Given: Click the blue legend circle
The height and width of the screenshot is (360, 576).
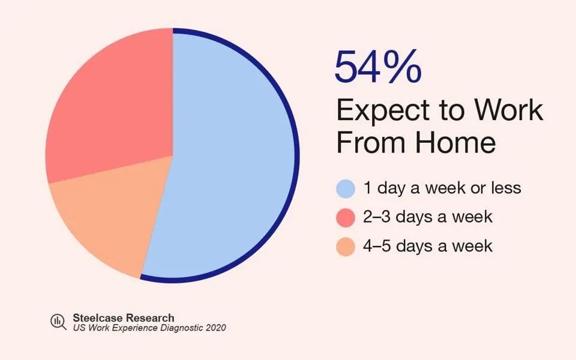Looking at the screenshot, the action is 346,189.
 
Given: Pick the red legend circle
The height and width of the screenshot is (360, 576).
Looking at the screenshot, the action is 346,217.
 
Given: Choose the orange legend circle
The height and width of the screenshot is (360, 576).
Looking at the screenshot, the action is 346,247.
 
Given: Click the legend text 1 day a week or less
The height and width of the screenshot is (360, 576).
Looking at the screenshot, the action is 442,188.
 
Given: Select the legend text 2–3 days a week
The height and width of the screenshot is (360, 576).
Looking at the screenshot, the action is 428,217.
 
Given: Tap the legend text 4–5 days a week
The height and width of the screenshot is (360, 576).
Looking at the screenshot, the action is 428,245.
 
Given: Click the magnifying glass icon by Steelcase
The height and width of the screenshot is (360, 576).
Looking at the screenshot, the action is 58,322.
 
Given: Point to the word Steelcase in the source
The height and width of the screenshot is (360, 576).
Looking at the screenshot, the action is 97,318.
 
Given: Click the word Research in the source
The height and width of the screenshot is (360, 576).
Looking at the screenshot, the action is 149,318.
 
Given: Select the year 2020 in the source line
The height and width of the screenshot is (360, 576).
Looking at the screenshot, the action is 215,328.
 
